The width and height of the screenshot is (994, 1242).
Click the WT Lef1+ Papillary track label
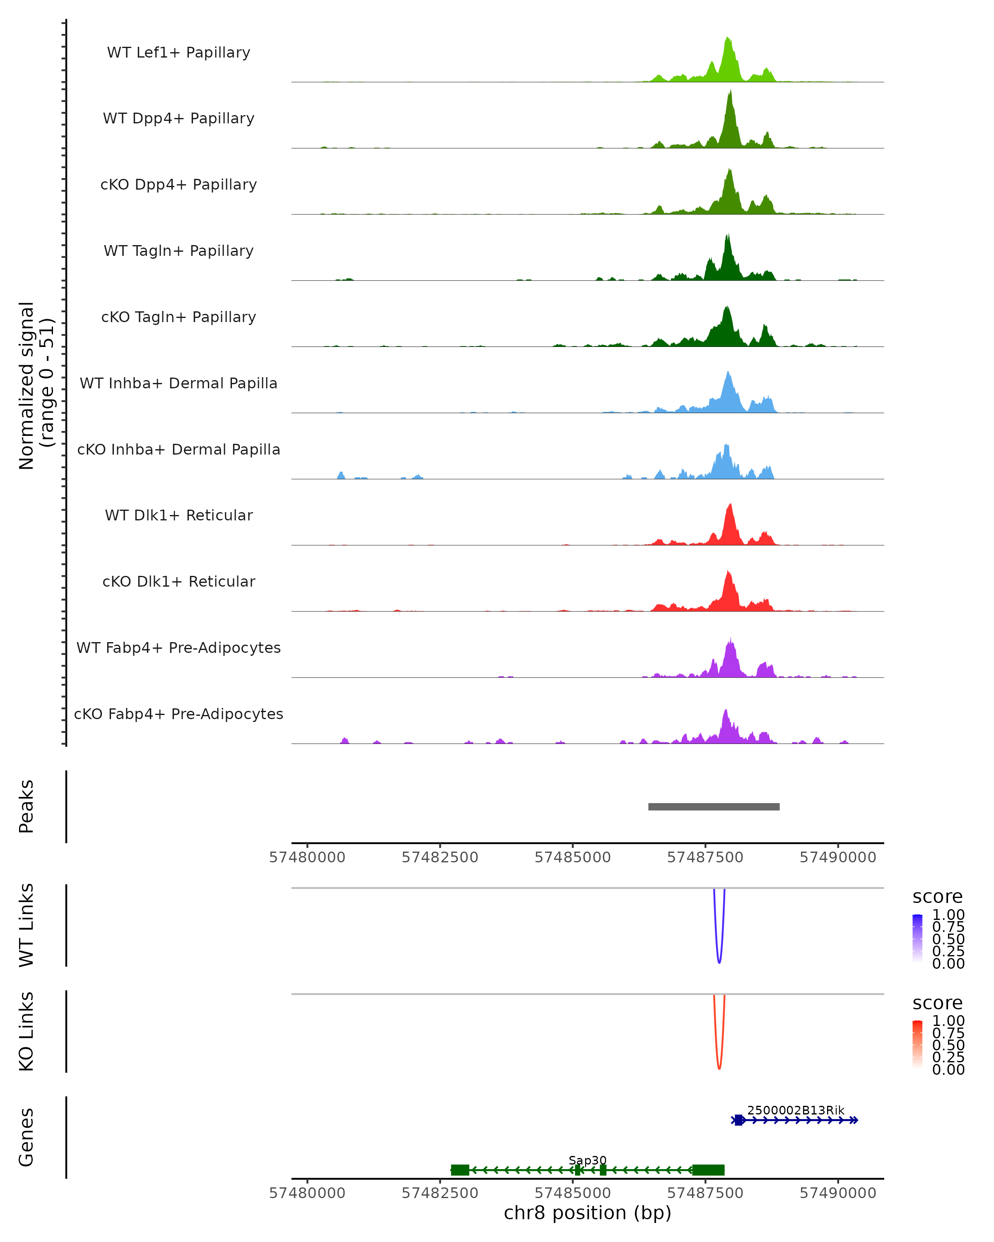pos(179,53)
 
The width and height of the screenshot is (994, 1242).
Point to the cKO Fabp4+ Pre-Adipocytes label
pos(179,714)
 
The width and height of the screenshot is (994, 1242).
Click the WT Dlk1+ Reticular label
pos(179,515)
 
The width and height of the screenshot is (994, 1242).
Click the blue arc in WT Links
pos(719,962)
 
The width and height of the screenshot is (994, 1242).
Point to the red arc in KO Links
pos(719,1069)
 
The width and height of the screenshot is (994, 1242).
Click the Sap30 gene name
pos(587,1160)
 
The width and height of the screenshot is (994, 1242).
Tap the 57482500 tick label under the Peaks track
pos(440,857)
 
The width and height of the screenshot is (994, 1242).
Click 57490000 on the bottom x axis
pos(838,1193)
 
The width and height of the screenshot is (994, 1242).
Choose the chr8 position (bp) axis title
pos(587,1213)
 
